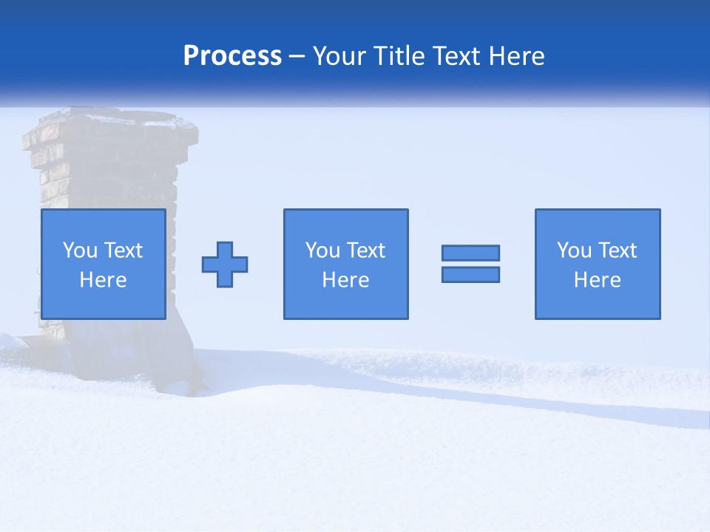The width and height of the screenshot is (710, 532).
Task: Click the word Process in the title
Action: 232,56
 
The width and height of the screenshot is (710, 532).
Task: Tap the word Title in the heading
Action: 399,56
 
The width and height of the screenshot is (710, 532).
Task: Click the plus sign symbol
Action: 225,265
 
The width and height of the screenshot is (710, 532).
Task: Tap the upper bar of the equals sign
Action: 470,253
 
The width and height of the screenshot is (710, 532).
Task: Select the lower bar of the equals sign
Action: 470,274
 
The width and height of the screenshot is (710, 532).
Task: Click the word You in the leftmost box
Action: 80,250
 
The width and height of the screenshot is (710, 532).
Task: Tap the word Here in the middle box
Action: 345,280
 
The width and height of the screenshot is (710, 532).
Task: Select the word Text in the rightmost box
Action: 617,250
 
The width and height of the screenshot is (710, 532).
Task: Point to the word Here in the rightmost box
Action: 597,280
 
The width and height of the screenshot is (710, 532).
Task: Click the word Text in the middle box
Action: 365,250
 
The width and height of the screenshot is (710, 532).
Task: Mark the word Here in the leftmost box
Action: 103,280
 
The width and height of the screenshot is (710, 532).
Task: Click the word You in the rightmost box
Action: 574,250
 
